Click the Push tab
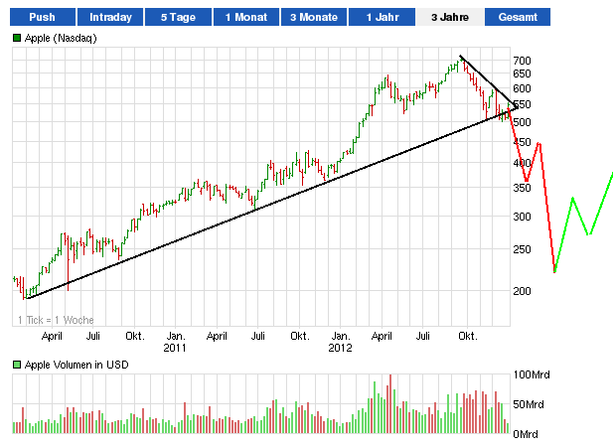[x=42, y=18]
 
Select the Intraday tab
[x=110, y=18]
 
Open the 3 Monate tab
[x=314, y=18]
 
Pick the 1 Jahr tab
[x=383, y=18]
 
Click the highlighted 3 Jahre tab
[x=450, y=18]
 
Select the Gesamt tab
[x=517, y=18]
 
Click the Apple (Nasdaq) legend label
[x=60, y=37]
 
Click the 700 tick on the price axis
[x=523, y=61]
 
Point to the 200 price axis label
[x=523, y=290]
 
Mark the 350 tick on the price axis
[x=523, y=188]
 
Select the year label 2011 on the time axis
[x=175, y=348]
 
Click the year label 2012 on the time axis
[x=341, y=348]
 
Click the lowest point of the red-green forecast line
[x=554, y=271]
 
